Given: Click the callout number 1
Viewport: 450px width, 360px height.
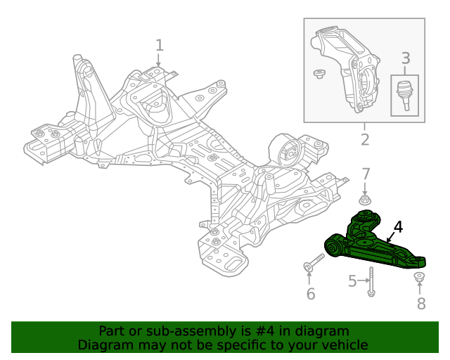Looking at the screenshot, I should (x=160, y=46).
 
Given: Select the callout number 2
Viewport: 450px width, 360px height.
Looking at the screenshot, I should (x=364, y=139).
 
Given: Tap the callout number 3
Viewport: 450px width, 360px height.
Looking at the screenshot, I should (x=405, y=59).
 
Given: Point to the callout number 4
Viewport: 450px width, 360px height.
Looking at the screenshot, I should (x=398, y=227).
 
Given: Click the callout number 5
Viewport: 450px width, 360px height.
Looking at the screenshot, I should (x=352, y=282).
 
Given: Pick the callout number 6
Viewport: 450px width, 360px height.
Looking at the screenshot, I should (x=310, y=293).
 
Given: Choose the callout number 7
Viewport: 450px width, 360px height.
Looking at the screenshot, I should (x=366, y=174).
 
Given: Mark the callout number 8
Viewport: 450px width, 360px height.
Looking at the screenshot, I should (x=421, y=303).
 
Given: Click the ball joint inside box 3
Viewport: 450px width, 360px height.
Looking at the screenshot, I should (x=404, y=93).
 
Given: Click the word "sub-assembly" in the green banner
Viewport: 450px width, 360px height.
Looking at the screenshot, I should (x=165, y=330).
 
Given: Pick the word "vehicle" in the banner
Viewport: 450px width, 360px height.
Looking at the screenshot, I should (x=343, y=345).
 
